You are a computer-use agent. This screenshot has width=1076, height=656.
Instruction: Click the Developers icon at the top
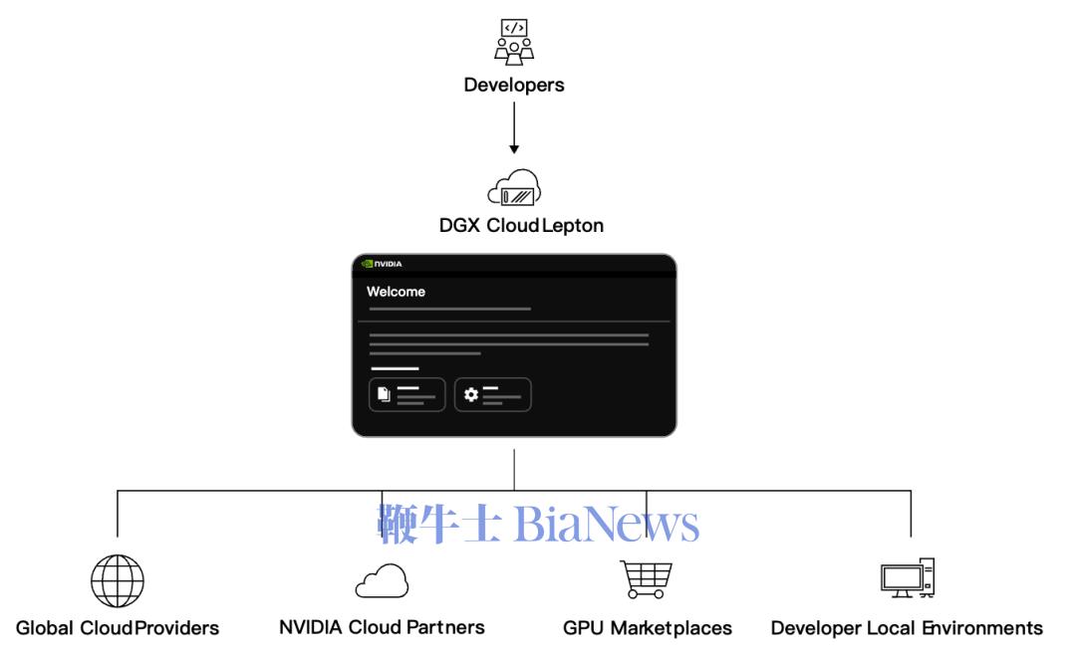pyautogui.click(x=514, y=42)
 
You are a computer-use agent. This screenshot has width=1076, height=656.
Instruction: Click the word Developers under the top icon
pyautogui.click(x=514, y=85)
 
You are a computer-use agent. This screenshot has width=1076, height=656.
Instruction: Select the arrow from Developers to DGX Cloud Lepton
pyautogui.click(x=514, y=128)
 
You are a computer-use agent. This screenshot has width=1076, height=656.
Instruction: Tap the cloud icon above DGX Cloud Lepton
pyautogui.click(x=514, y=187)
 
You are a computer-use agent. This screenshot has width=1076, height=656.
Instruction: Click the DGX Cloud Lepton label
pyautogui.click(x=521, y=226)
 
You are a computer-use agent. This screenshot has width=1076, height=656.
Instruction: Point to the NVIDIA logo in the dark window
pyautogui.click(x=382, y=264)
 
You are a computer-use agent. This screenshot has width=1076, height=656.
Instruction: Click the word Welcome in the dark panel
pyautogui.click(x=396, y=292)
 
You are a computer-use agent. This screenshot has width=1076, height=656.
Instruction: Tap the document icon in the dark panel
pyautogui.click(x=385, y=394)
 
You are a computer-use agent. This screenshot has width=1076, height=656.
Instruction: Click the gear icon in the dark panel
pyautogui.click(x=470, y=394)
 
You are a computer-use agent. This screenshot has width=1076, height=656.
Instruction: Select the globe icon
pyautogui.click(x=118, y=581)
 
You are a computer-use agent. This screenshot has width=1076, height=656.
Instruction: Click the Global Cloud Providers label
pyautogui.click(x=118, y=628)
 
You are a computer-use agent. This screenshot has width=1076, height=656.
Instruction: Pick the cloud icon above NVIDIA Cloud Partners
pyautogui.click(x=382, y=581)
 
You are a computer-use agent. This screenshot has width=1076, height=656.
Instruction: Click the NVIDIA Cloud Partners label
pyautogui.click(x=382, y=627)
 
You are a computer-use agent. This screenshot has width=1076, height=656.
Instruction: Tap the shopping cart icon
pyautogui.click(x=647, y=580)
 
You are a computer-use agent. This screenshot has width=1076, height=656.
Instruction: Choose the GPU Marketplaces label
pyautogui.click(x=648, y=628)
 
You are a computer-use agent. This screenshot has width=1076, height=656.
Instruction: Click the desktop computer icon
pyautogui.click(x=908, y=577)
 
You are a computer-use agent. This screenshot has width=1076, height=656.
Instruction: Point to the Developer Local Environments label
pyautogui.click(x=907, y=628)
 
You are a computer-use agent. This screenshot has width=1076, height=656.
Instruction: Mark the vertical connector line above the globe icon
pyautogui.click(x=118, y=514)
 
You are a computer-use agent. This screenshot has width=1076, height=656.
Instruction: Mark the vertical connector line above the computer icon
pyautogui.click(x=911, y=514)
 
